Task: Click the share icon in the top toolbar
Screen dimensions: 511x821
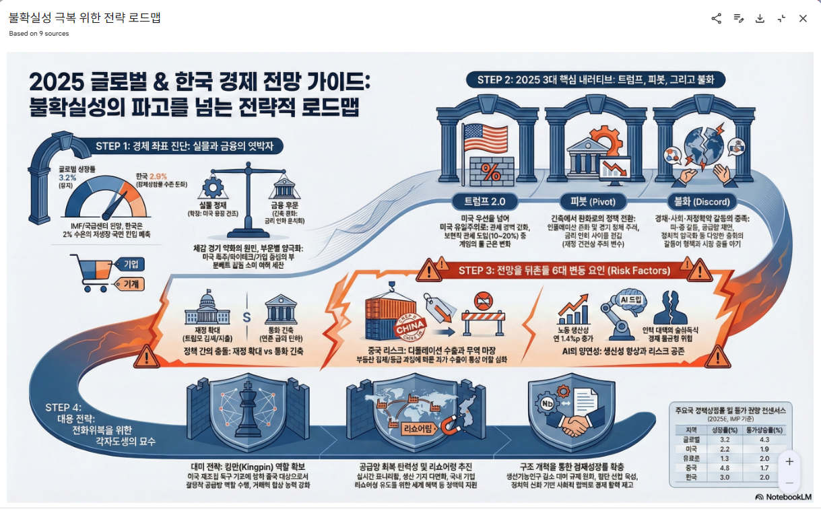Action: pyautogui.click(x=716, y=18)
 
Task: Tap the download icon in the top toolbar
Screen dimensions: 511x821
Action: pyautogui.click(x=760, y=18)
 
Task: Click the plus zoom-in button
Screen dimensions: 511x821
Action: pyautogui.click(x=789, y=461)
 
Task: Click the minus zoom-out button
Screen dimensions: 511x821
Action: pyautogui.click(x=789, y=483)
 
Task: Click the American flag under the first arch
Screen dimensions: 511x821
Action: pyautogui.click(x=484, y=139)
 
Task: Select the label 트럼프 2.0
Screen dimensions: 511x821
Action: pyautogui.click(x=485, y=201)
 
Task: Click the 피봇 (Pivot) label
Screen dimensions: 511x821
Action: pyautogui.click(x=593, y=201)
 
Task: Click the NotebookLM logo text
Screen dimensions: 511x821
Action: pyautogui.click(x=783, y=497)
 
